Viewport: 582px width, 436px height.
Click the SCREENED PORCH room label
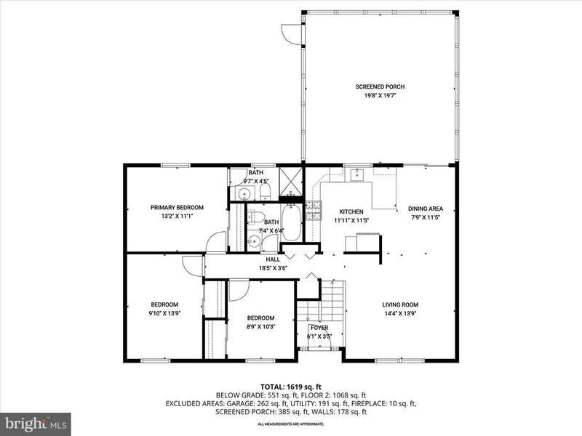(380, 86)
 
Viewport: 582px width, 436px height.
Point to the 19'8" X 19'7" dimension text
(380, 96)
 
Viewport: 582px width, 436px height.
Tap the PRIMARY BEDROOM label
(177, 208)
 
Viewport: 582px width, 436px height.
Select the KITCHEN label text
(351, 211)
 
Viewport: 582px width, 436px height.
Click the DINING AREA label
(426, 209)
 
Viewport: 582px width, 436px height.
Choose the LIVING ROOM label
(400, 304)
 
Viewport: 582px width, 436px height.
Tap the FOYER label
(319, 328)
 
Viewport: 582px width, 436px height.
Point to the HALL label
(273, 259)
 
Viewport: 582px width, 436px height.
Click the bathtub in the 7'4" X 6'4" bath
(292, 222)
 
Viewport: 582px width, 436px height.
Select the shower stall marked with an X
(292, 181)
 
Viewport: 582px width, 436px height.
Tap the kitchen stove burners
(314, 210)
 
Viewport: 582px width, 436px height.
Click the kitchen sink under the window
(356, 174)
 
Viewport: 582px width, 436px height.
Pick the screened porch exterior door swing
(293, 35)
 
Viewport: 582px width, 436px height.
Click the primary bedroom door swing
(217, 243)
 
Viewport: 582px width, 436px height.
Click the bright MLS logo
(36, 424)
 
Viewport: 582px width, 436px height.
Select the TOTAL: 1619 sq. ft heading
(290, 387)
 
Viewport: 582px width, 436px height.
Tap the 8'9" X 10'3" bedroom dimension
(261, 327)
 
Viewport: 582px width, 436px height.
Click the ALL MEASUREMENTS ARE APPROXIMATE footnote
(291, 424)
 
